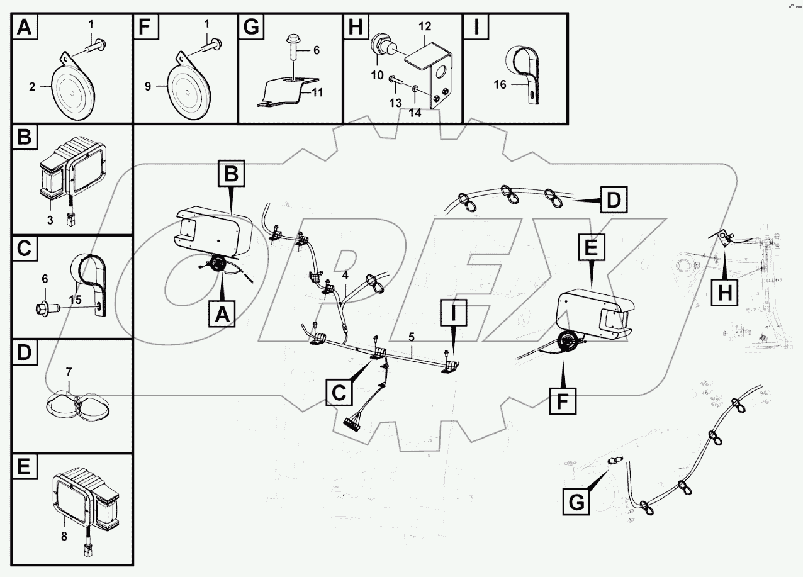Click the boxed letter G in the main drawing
point(575,503)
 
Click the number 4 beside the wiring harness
point(345,275)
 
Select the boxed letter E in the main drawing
point(590,250)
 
